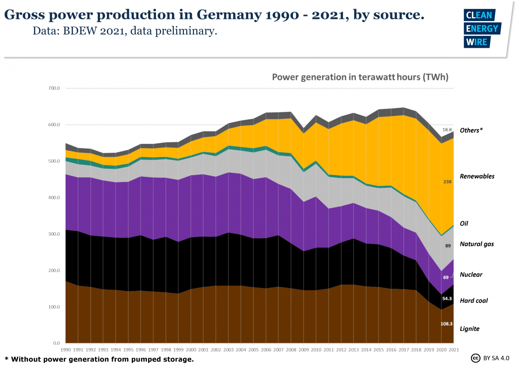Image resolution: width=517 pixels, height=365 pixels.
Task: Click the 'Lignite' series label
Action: tap(470, 329)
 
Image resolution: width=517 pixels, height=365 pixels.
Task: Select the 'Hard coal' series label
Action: tap(474, 301)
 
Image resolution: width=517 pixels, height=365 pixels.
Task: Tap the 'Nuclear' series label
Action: tap(471, 275)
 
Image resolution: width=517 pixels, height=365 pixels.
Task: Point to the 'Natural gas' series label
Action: tap(477, 244)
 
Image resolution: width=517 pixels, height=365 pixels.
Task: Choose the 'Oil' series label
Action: tap(464, 224)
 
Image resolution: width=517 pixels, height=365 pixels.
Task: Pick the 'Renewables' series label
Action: tap(477, 176)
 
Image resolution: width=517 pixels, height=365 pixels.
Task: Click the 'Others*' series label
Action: tap(471, 130)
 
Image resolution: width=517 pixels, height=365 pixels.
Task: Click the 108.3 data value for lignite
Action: tap(446, 324)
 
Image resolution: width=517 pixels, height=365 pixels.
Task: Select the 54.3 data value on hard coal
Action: tap(446, 298)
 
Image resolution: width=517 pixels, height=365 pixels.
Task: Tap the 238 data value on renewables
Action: tap(447, 182)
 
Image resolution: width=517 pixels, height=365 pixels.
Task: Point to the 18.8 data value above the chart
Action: tap(447, 130)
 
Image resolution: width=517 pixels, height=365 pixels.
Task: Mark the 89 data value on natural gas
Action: tap(448, 246)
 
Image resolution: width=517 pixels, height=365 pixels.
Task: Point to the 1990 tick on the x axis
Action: tap(65, 350)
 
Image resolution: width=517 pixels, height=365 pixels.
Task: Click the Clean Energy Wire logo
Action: tap(482, 29)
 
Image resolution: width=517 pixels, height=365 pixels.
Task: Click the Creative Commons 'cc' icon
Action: tap(476, 358)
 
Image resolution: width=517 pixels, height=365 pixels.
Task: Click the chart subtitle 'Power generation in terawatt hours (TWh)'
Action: tap(360, 77)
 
